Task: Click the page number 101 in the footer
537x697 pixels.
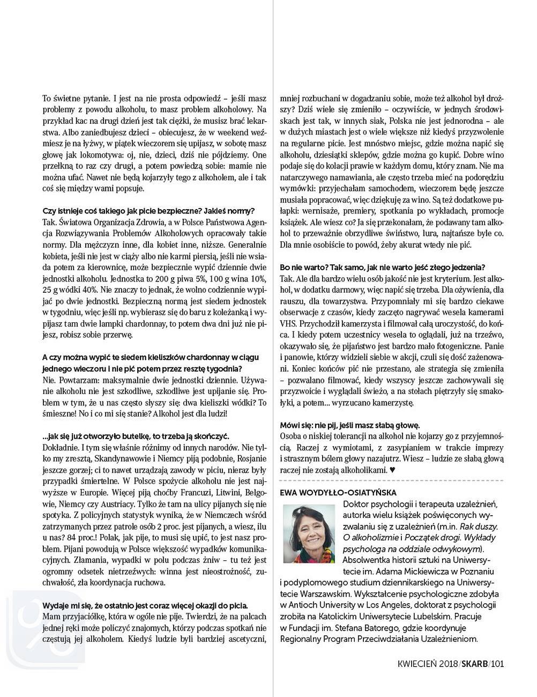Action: click(x=497, y=664)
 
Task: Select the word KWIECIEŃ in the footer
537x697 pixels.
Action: click(x=416, y=664)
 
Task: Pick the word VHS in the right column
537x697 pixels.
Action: click(x=288, y=324)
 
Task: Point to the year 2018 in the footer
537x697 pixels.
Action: click(x=446, y=664)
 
